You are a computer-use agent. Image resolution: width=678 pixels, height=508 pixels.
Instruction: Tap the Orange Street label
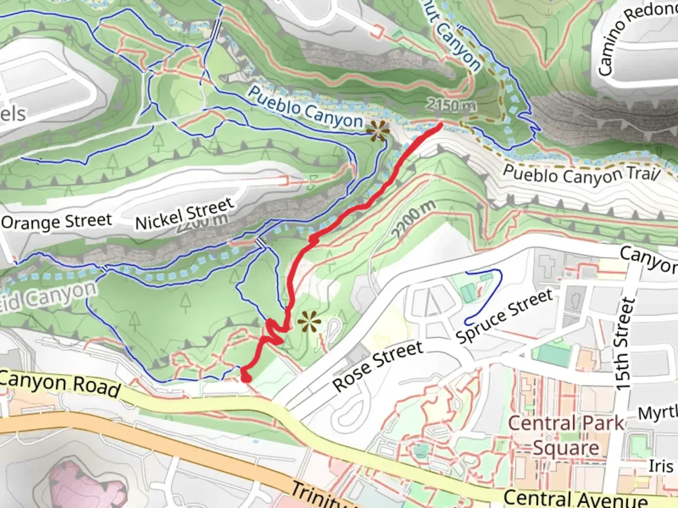pos(56,222)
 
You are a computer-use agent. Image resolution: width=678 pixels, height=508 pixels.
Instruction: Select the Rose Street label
pos(378,365)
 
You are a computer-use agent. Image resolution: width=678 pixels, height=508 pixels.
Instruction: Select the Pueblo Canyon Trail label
pos(581,175)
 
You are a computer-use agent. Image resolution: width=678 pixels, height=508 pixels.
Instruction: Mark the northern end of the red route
pos(440,126)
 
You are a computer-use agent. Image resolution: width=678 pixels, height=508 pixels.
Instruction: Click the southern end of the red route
pos(245,378)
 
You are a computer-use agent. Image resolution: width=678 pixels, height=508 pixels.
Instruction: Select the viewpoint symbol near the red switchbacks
pos(309,322)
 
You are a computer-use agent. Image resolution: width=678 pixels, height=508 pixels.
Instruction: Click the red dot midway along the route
pos(314,239)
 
